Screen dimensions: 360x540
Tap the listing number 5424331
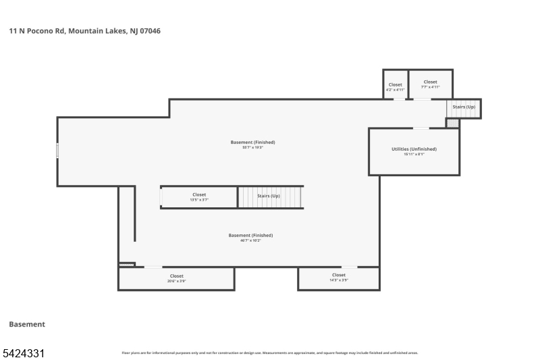click(24, 353)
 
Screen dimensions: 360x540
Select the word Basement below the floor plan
click(27, 324)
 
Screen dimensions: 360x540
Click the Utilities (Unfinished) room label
click(414, 149)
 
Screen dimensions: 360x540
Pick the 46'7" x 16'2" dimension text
click(250, 240)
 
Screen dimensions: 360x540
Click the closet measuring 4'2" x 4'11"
click(395, 86)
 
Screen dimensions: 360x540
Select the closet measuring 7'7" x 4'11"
click(430, 84)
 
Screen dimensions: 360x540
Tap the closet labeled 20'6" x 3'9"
click(176, 278)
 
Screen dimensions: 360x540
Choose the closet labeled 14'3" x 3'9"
click(339, 278)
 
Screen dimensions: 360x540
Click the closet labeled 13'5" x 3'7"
click(199, 197)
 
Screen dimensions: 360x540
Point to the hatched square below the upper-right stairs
click(452, 123)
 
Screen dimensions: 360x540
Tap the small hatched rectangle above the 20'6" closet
click(126, 264)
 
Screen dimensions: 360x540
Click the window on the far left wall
click(57, 150)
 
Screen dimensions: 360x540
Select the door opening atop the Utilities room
click(421, 128)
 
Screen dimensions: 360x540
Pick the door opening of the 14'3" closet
click(349, 267)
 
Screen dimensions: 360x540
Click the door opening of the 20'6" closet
click(153, 267)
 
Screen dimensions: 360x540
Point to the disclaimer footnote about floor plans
click(269, 353)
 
